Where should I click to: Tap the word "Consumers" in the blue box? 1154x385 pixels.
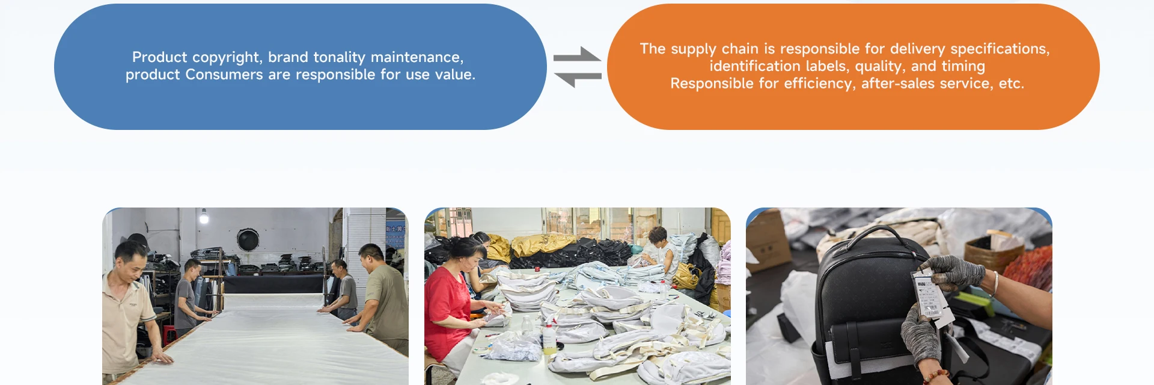(x=224, y=75)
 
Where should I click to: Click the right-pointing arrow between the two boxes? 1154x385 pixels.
(x=576, y=55)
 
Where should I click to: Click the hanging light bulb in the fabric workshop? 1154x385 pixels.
(x=204, y=218)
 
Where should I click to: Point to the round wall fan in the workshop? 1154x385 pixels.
(x=248, y=239)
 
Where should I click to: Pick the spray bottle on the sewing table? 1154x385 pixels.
(x=549, y=338)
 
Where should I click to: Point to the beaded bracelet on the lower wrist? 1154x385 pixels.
(x=935, y=377)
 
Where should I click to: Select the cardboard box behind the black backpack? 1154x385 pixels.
(x=768, y=241)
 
